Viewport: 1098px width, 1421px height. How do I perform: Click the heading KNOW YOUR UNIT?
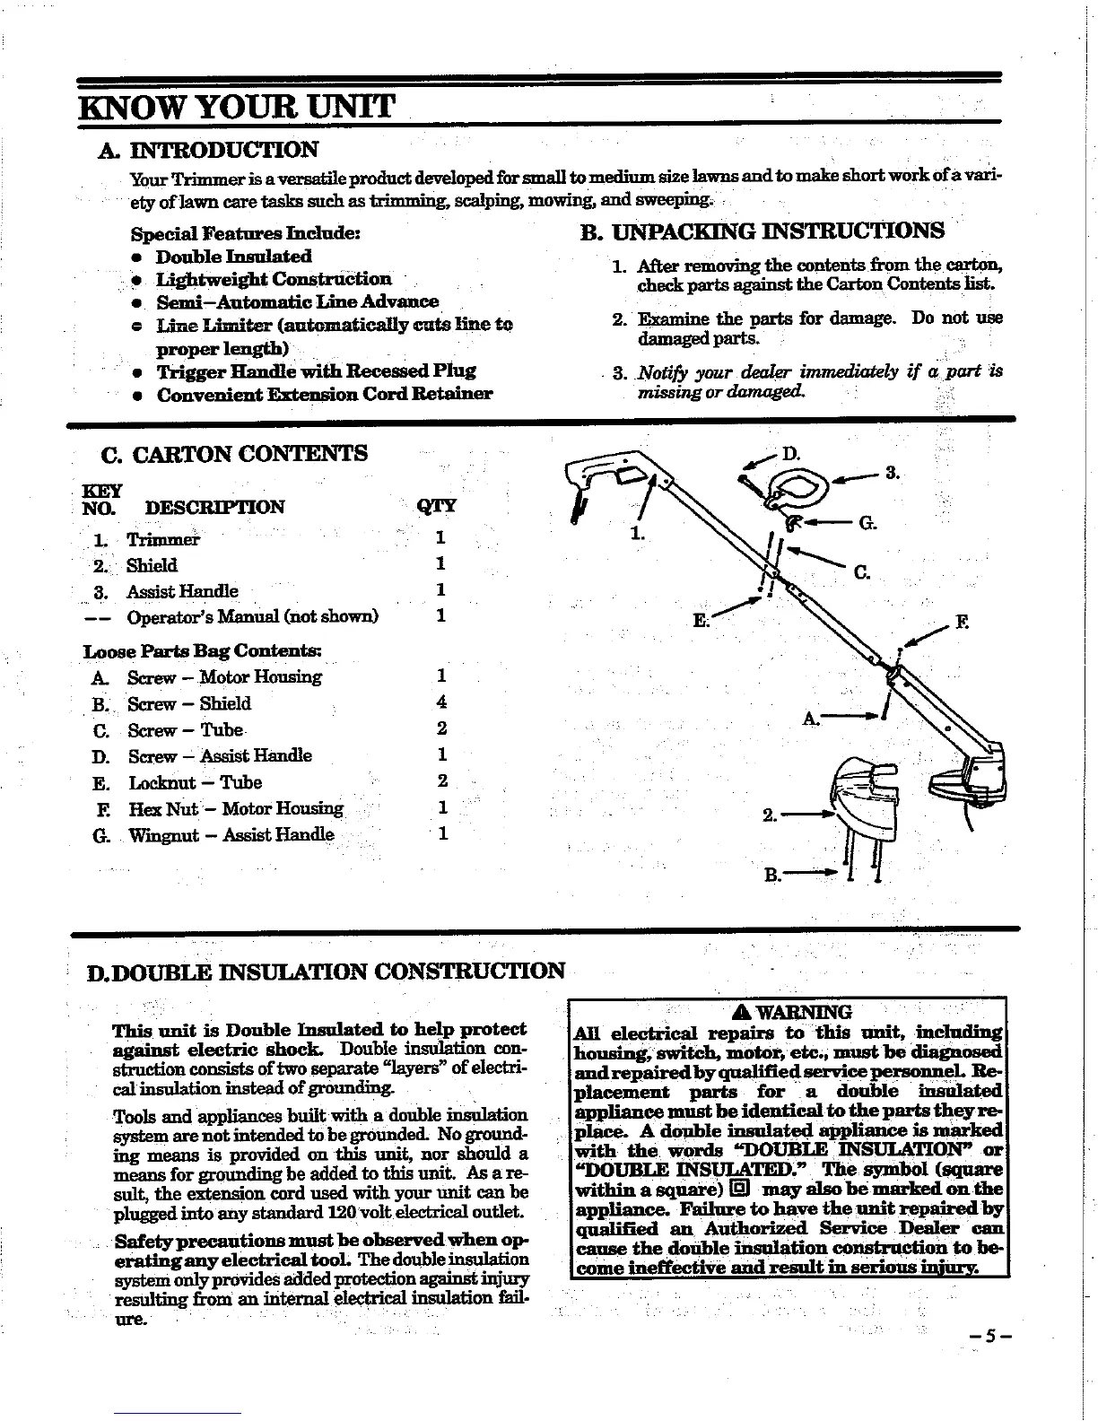pyautogui.click(x=237, y=109)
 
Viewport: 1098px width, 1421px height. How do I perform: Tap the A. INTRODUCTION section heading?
pyautogui.click(x=223, y=149)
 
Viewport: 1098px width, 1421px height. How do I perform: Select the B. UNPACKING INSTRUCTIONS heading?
pyautogui.click(x=762, y=231)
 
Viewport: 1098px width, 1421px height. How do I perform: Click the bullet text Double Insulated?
pyautogui.click(x=233, y=257)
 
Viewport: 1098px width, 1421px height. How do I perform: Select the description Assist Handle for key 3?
pyautogui.click(x=182, y=591)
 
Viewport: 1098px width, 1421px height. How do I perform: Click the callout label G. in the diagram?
pyautogui.click(x=867, y=523)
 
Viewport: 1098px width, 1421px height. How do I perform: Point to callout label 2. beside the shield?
pyautogui.click(x=769, y=815)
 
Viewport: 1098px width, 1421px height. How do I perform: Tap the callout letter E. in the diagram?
pyautogui.click(x=701, y=619)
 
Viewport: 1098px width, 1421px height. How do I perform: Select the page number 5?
pyautogui.click(x=987, y=1334)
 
